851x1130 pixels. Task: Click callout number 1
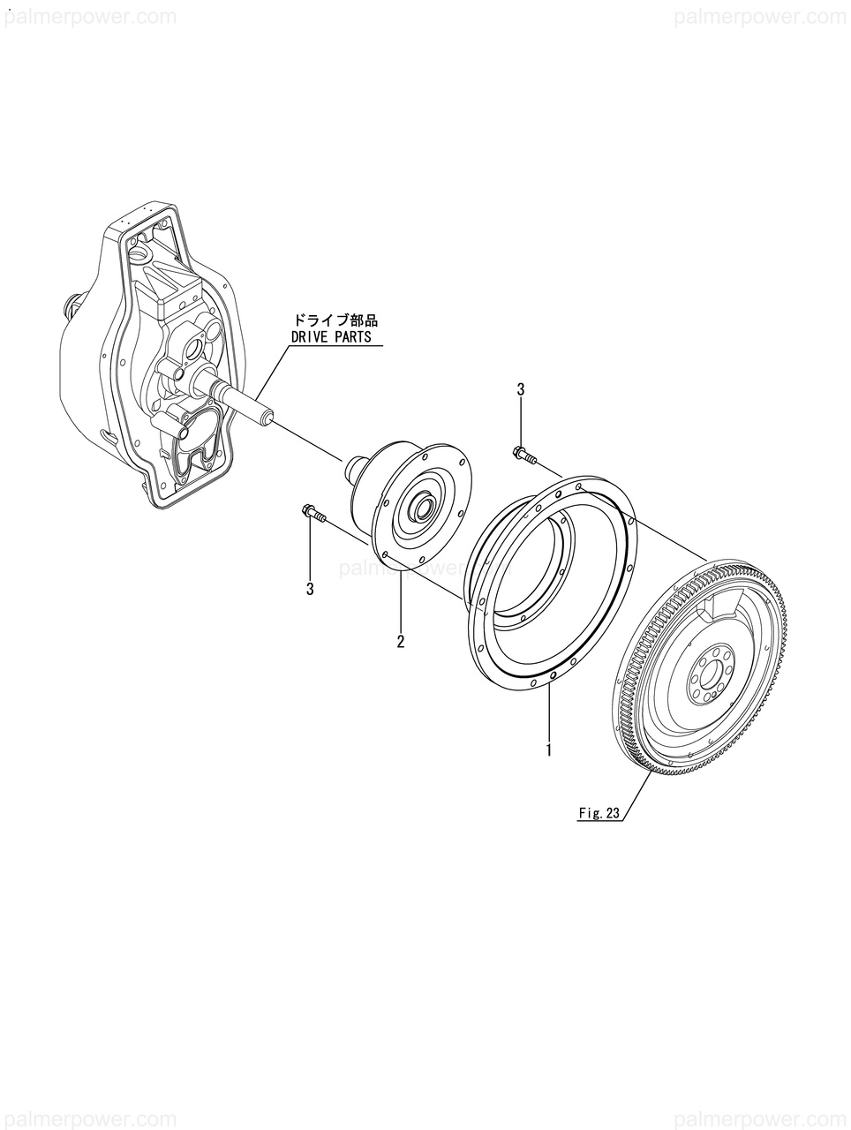(549, 751)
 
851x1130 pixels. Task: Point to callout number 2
(400, 642)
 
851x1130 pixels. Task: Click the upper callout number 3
(521, 389)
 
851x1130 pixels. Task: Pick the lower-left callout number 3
(310, 590)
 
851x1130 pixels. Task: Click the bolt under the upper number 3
(523, 456)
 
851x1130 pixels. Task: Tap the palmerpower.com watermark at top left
(88, 17)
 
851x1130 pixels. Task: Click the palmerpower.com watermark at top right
(760, 17)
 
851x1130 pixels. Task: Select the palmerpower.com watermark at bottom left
(88, 1114)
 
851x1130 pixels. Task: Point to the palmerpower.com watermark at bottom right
(760, 1114)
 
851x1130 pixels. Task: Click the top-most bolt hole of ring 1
(577, 486)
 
